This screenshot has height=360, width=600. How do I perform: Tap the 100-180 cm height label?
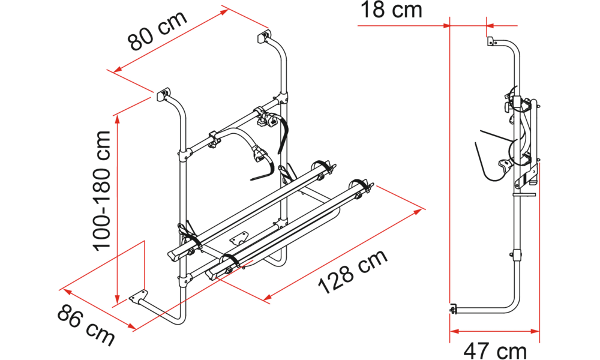(x=102, y=191)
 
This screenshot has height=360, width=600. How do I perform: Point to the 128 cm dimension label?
(x=353, y=272)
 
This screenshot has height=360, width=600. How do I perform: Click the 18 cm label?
(x=391, y=10)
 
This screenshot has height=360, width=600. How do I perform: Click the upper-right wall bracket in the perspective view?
(x=263, y=37)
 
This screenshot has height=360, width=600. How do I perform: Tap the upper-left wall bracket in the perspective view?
(x=163, y=94)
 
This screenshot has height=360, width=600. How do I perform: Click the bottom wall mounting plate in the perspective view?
(x=138, y=297)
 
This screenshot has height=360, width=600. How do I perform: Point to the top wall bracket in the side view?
(x=491, y=41)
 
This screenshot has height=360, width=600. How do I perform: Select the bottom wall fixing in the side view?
(x=454, y=309)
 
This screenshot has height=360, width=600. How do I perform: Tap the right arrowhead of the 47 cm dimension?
(x=535, y=331)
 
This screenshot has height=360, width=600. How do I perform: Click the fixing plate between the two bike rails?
(x=239, y=239)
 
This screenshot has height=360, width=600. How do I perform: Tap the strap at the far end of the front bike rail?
(x=359, y=187)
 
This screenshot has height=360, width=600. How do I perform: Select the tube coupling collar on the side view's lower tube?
(x=517, y=254)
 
